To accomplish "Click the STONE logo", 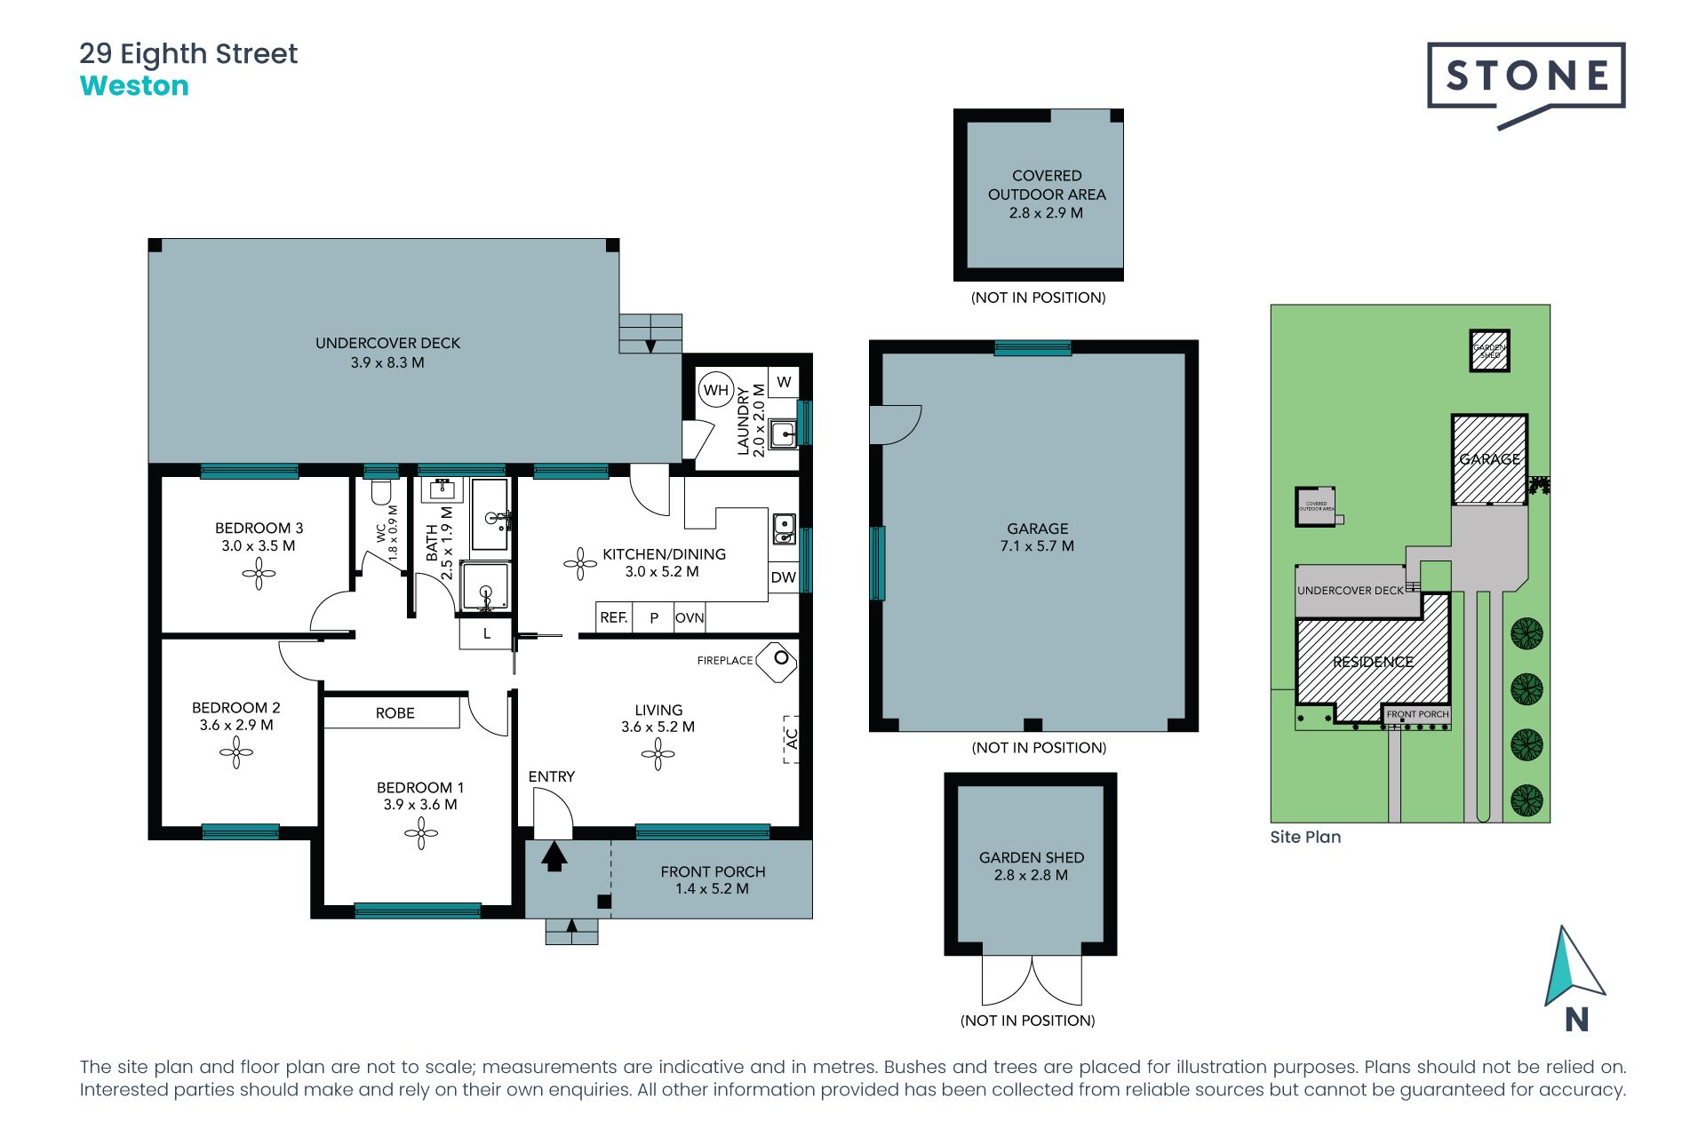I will pos(1526,77).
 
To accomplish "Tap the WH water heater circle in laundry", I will pos(715,390).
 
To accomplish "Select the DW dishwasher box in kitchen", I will pos(783,577).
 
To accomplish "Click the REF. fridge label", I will pos(613,617).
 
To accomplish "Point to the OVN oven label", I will pos(690,617).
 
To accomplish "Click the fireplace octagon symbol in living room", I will pos(777,662).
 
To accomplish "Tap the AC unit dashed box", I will pos(791,739).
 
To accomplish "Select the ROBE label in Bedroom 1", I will pos(395,712).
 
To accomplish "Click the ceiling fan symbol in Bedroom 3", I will pos(259,574).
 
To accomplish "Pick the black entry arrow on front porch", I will pos(554,856).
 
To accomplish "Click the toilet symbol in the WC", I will pos(381,491).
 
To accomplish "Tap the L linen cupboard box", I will pos(486,634).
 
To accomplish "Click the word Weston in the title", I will pos(134,86).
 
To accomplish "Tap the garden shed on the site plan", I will pos(1489,350).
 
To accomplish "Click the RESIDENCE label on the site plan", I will pos(1373,662).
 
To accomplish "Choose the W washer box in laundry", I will pos(784,382).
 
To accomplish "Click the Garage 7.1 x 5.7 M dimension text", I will pos(1037,546).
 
